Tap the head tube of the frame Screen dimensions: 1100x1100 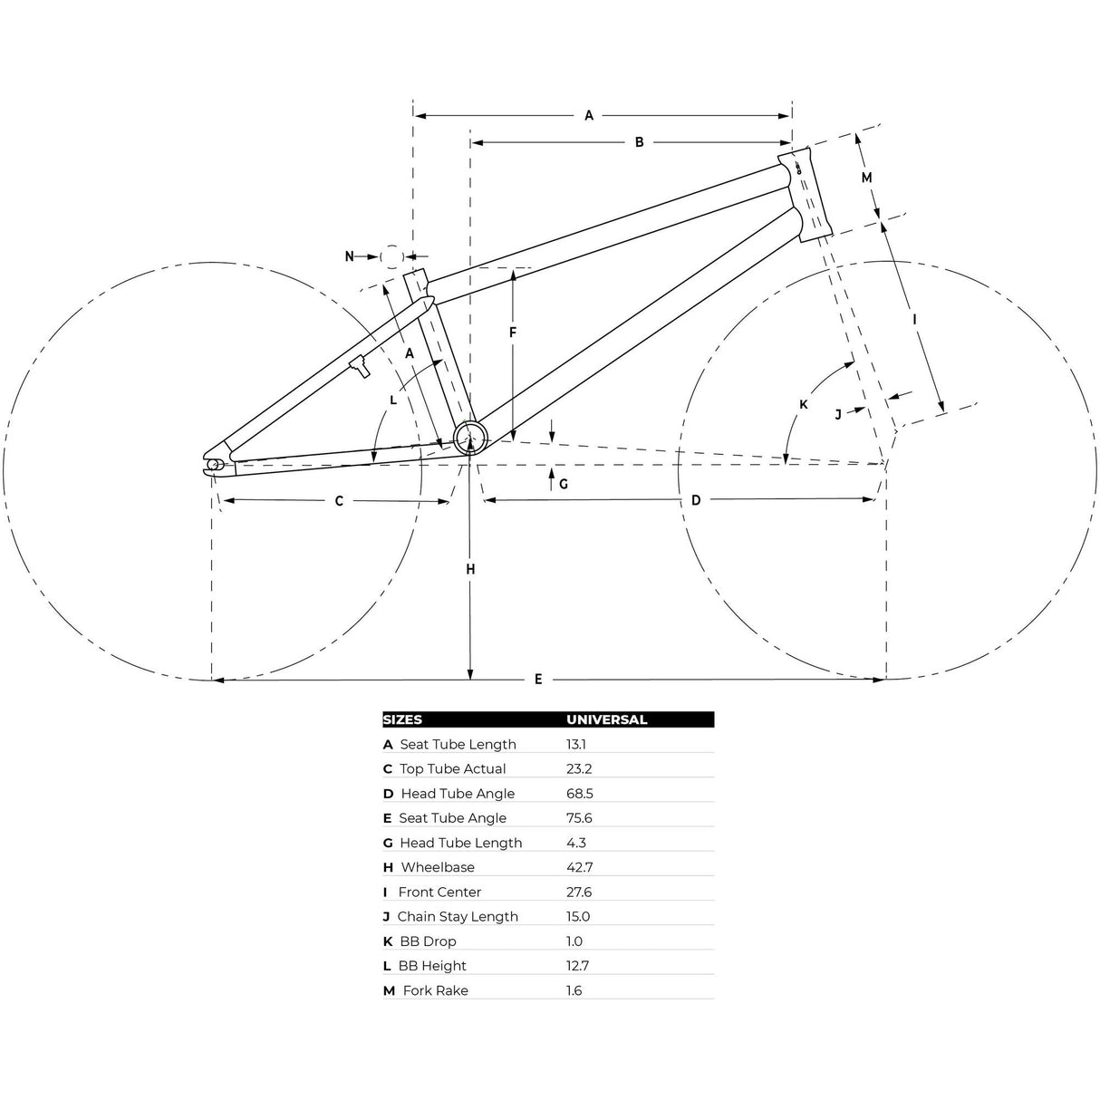click(x=806, y=194)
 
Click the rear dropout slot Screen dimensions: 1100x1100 click(x=215, y=465)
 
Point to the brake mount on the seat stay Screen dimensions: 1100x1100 click(x=360, y=365)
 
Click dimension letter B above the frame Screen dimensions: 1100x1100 click(x=640, y=142)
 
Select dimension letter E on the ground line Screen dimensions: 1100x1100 click(x=538, y=680)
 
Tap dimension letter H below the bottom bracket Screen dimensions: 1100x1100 click(x=470, y=569)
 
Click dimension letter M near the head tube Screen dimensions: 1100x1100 click(x=866, y=178)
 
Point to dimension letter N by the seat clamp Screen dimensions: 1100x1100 click(x=350, y=256)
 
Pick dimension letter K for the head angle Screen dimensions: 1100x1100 click(x=804, y=405)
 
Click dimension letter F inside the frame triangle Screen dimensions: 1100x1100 click(x=513, y=333)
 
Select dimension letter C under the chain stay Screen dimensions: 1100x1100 click(x=339, y=501)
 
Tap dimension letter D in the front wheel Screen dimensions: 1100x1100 click(x=696, y=501)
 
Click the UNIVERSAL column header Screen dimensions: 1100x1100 click(x=607, y=719)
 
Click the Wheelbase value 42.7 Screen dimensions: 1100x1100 click(x=579, y=867)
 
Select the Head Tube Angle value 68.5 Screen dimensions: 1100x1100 click(x=579, y=794)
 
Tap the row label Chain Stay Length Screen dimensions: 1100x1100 click(x=458, y=917)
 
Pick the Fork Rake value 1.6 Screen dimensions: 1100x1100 click(x=574, y=990)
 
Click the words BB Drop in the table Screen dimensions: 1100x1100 click(x=428, y=941)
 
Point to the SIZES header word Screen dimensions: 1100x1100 click(x=402, y=719)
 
